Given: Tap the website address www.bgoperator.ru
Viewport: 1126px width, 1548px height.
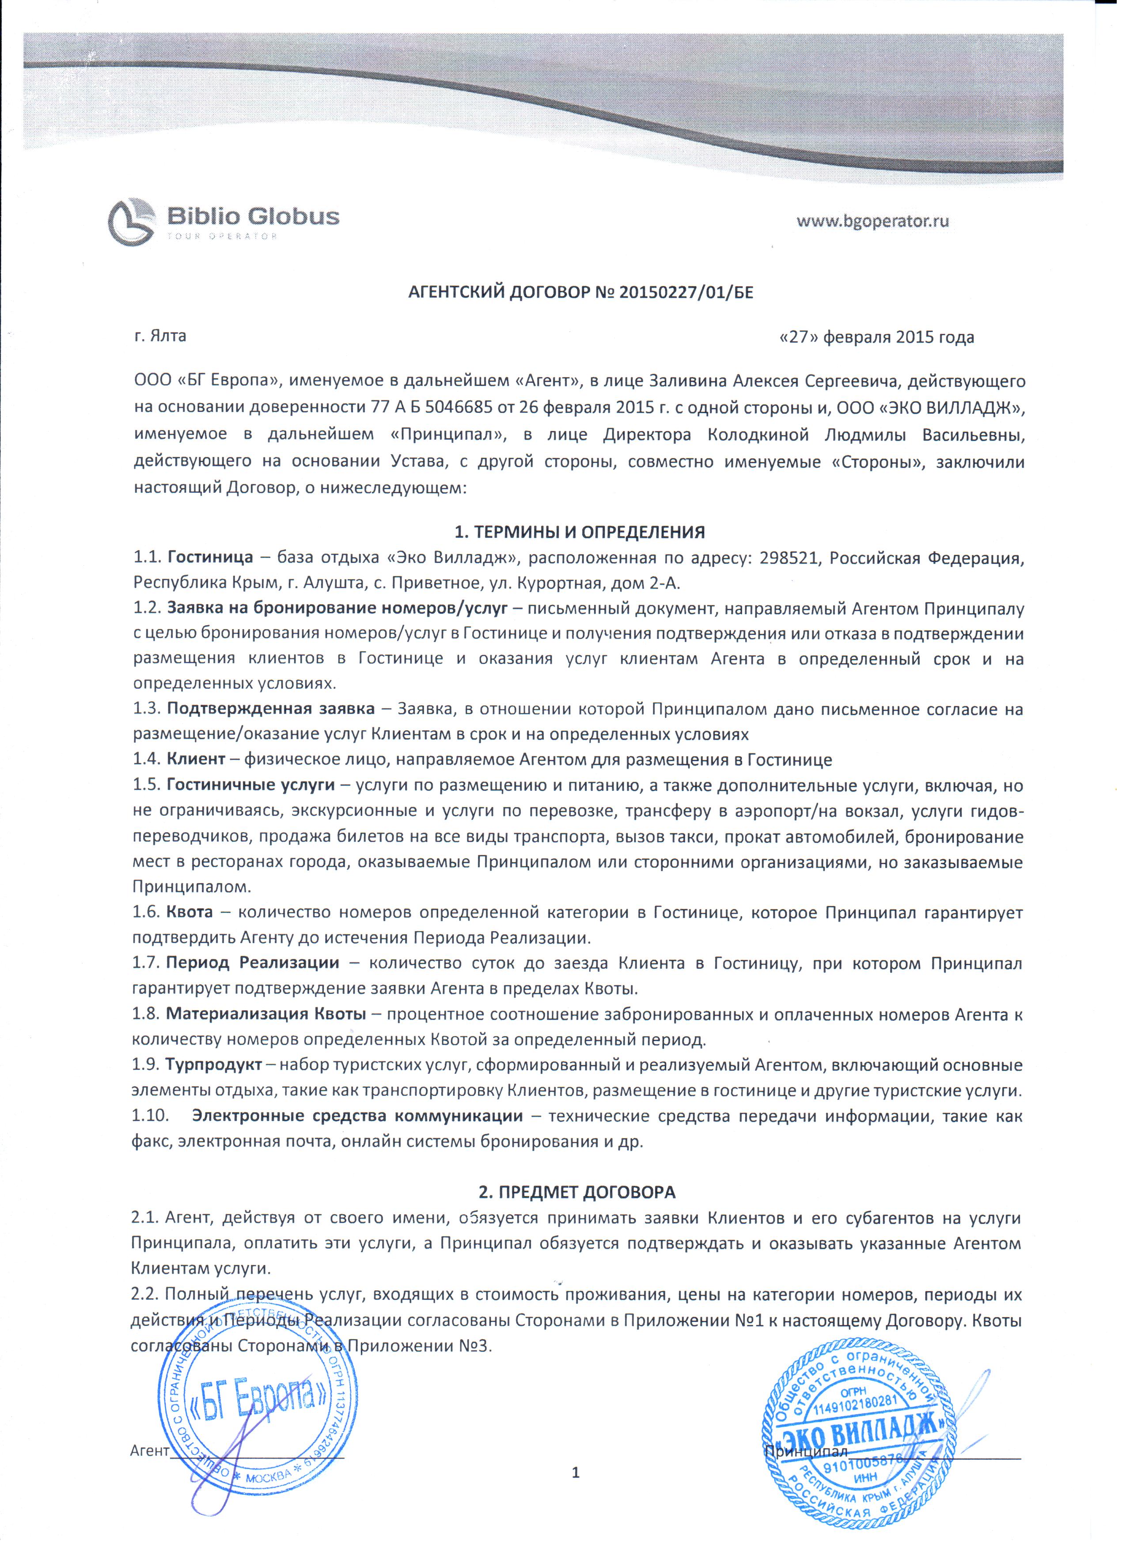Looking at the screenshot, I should [x=873, y=220].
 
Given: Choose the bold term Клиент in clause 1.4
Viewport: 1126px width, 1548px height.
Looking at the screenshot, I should [x=196, y=759].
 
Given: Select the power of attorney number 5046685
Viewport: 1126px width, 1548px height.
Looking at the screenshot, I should [x=459, y=408].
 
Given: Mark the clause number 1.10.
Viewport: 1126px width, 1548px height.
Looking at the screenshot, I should [x=150, y=1116].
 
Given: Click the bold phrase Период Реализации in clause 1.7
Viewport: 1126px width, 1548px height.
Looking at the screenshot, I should [x=253, y=963].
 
